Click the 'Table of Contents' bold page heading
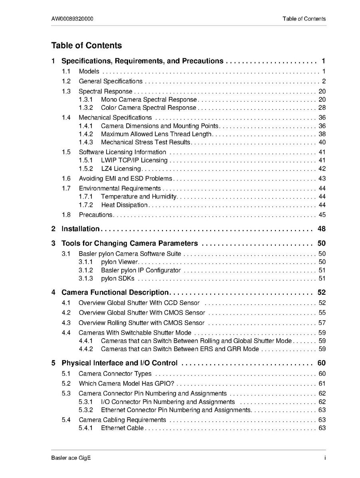[87, 46]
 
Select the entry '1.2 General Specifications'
[111, 81]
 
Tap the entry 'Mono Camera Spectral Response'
[149, 99]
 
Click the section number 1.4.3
[86, 142]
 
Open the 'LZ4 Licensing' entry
[121, 169]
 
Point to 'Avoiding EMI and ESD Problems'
[125, 179]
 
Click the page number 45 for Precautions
[322, 215]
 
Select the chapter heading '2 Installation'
[80, 229]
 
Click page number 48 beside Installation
[321, 229]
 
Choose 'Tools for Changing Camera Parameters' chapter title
[129, 243]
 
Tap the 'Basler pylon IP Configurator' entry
[141, 270]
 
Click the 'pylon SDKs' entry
[118, 278]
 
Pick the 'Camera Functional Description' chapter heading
[115, 292]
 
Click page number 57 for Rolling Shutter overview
[322, 323]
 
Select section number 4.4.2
[86, 349]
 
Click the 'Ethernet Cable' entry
[123, 428]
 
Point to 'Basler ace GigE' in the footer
[71, 458]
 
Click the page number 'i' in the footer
[325, 458]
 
